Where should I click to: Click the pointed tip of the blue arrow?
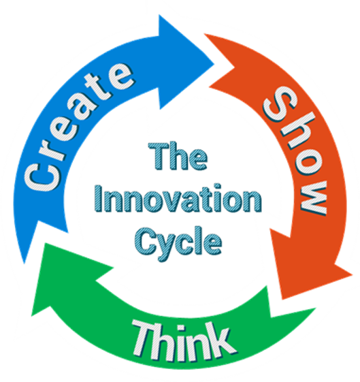click(x=214, y=64)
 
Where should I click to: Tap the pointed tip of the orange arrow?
click(x=282, y=299)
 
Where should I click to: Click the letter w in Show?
click(x=313, y=197)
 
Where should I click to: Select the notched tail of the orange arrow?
click(x=234, y=67)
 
